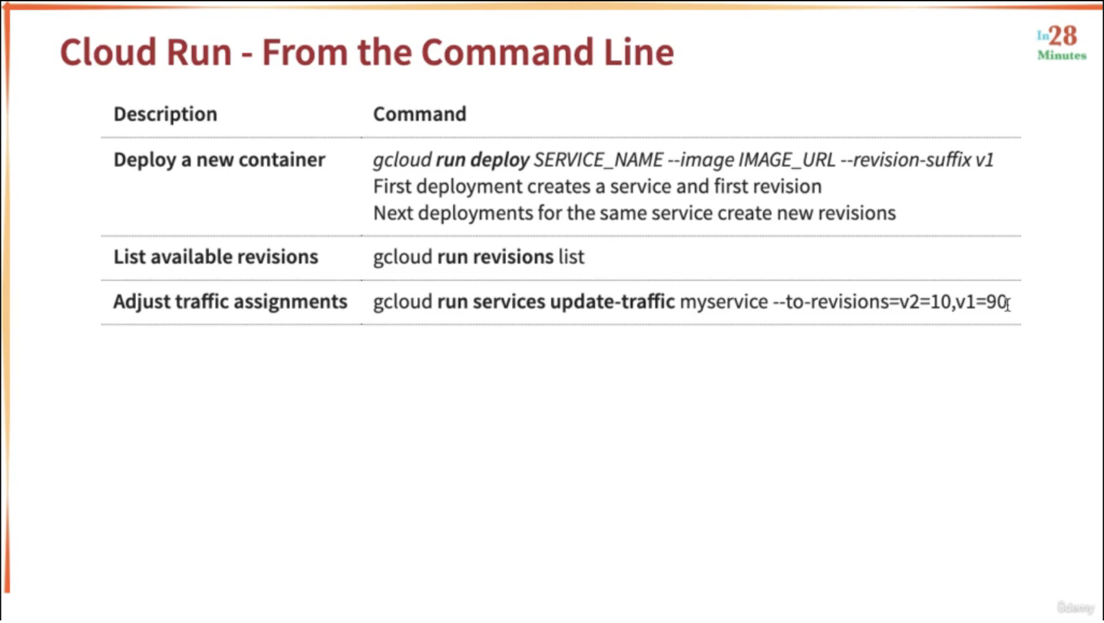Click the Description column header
point(165,114)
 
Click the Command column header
point(419,114)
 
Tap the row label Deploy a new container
point(220,159)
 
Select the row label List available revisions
point(216,256)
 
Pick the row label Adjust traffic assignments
point(230,301)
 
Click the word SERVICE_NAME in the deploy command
point(599,160)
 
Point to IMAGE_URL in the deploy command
point(787,160)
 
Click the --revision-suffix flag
point(906,159)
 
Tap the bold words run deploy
point(483,160)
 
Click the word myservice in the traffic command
point(724,302)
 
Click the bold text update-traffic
point(612,301)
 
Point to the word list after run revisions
point(571,256)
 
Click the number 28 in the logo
point(1063,36)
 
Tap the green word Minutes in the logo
point(1062,55)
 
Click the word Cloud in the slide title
point(108,52)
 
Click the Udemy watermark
point(1075,607)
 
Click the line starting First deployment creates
point(597,187)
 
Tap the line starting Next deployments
point(634,213)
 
